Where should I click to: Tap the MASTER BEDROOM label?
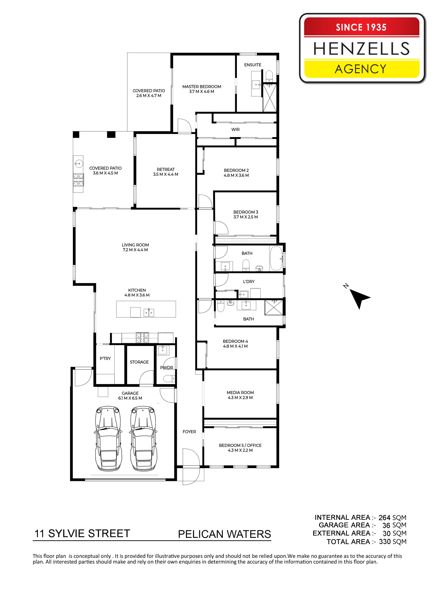202,87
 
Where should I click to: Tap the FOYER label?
189,432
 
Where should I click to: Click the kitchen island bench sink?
149,312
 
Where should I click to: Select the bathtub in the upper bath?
276,258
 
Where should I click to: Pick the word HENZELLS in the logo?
362,49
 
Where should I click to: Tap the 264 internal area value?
384,518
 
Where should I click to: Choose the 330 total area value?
385,542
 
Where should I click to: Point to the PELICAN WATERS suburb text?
225,534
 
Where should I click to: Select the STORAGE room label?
139,362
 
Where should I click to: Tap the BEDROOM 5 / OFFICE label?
240,445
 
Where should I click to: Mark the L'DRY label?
249,282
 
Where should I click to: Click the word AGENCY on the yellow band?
361,69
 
